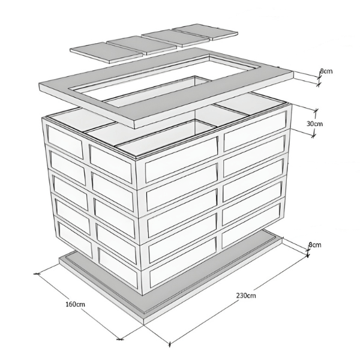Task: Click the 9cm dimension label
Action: click(326, 71)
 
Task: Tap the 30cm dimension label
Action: click(314, 124)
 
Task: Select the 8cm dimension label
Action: click(315, 245)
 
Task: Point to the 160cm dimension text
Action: click(76, 304)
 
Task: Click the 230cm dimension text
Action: click(246, 295)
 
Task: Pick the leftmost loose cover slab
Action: click(106, 52)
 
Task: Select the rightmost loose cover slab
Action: click(205, 32)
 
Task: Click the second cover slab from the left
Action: click(142, 45)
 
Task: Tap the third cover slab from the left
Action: click(176, 38)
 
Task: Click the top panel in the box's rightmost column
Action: click(255, 131)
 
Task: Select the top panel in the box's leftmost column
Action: click(65, 142)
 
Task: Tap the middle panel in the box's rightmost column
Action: click(253, 180)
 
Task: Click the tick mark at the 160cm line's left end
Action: click(37, 274)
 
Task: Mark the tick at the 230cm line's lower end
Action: click(170, 344)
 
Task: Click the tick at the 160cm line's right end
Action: click(119, 338)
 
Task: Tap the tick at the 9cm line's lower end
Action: click(318, 85)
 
